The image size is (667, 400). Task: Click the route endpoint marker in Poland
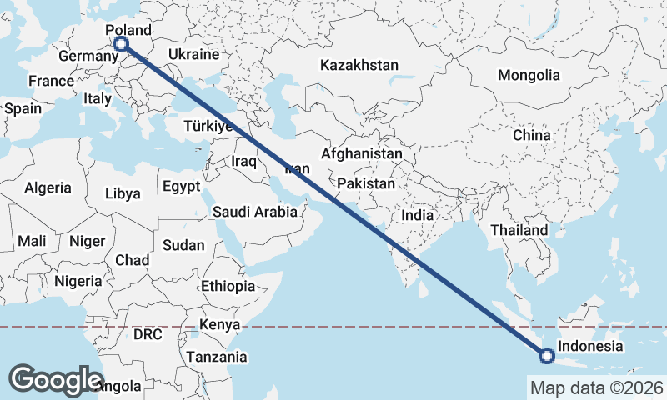[x=121, y=44]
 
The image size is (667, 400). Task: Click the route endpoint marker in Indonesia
[x=546, y=356]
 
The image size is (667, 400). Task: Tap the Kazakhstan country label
[x=359, y=65]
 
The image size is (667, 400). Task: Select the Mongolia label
[x=529, y=75]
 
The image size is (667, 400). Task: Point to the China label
[x=531, y=135]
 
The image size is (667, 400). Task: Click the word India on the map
[x=417, y=215]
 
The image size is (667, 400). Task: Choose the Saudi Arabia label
[x=255, y=212]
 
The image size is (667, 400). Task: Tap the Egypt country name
[x=182, y=186]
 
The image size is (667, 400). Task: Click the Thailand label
[x=519, y=230]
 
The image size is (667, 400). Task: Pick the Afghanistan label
[x=361, y=154]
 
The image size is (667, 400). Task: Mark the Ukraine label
[x=193, y=54]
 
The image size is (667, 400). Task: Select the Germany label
[x=88, y=57]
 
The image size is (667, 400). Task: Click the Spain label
[x=23, y=108]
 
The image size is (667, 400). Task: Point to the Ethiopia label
[x=228, y=286]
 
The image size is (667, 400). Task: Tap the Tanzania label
[x=217, y=357]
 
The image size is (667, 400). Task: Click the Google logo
[x=56, y=379]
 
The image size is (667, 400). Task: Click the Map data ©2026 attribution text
[x=595, y=387]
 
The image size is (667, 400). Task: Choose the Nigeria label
[x=78, y=281]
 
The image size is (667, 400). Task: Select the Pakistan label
[x=366, y=182]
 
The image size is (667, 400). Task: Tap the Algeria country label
[x=48, y=188]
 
